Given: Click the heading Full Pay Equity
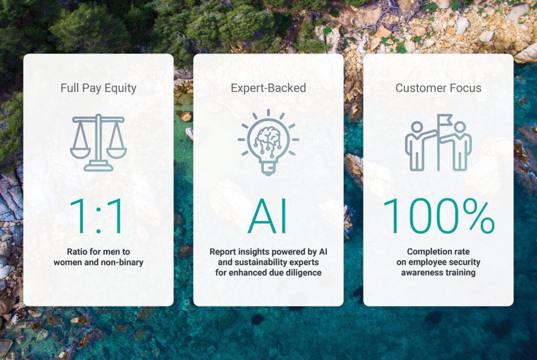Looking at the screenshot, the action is tap(98, 88).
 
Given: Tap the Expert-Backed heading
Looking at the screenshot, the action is tap(268, 88).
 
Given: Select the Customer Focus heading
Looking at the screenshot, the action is tap(438, 88).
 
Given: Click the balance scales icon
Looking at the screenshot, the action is tap(98, 142).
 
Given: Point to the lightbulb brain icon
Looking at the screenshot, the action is tap(268, 142).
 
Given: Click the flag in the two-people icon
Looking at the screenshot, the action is tap(445, 121).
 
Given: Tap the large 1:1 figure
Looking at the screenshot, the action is tap(96, 216).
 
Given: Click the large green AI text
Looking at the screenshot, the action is tap(268, 216).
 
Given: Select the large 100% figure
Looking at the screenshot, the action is tap(439, 216).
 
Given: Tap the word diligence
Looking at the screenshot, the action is tap(305, 272).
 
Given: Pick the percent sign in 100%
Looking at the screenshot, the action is tap(478, 216).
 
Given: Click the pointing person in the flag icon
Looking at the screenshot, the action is tap(418, 146).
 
